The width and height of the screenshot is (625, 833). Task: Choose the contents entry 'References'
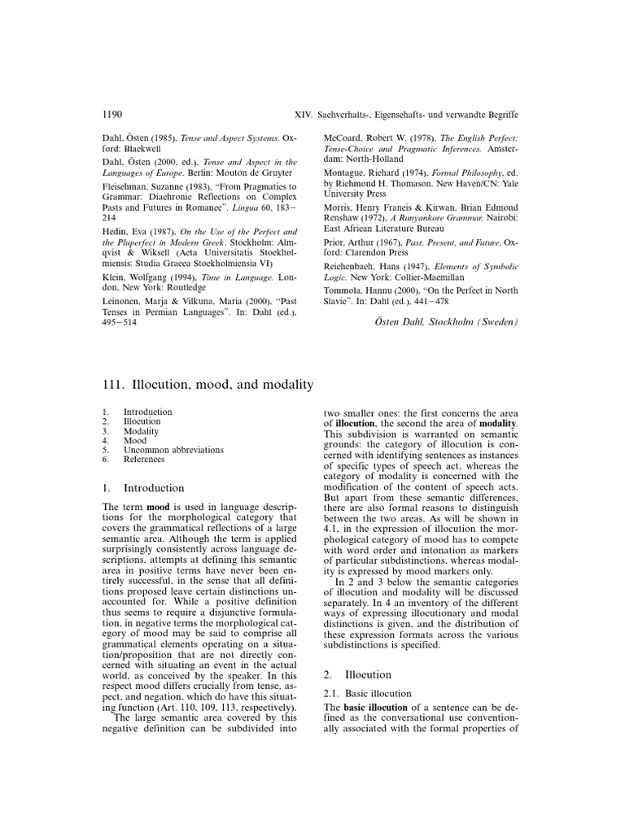tap(144, 460)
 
